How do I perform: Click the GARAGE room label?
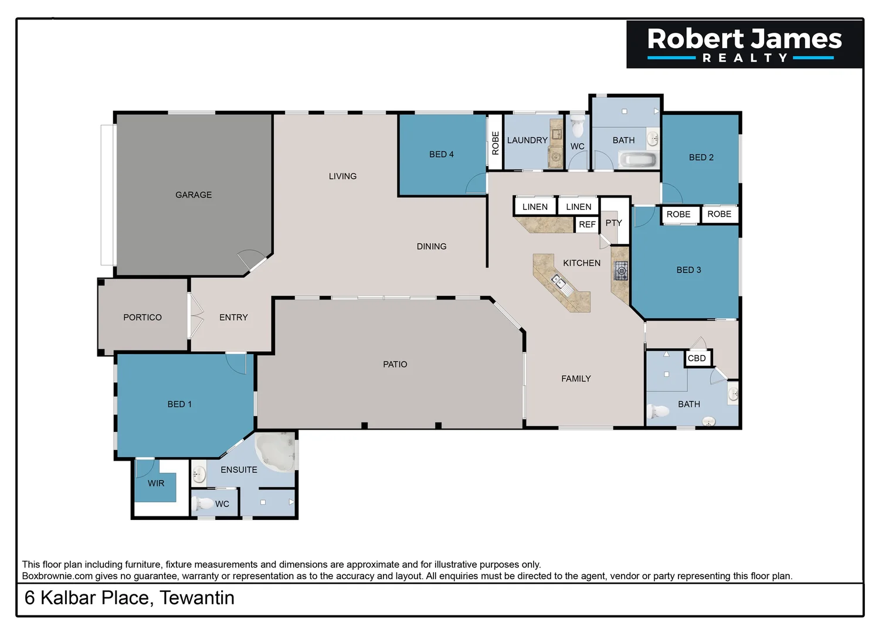coord(194,195)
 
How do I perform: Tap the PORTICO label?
coord(142,317)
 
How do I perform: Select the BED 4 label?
coord(442,154)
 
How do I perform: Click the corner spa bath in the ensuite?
coord(276,451)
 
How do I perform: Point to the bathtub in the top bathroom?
coord(639,159)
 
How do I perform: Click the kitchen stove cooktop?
coord(621,271)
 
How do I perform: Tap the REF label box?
coord(587,224)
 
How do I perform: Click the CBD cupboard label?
coord(697,358)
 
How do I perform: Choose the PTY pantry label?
coord(613,223)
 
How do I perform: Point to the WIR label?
coord(156,483)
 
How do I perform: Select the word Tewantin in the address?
coord(197,598)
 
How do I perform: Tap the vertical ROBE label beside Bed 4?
coord(495,143)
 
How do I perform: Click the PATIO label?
coord(395,364)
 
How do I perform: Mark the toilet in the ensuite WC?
coord(203,503)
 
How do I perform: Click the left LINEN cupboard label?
coord(535,207)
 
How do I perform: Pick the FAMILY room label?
coord(576,379)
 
